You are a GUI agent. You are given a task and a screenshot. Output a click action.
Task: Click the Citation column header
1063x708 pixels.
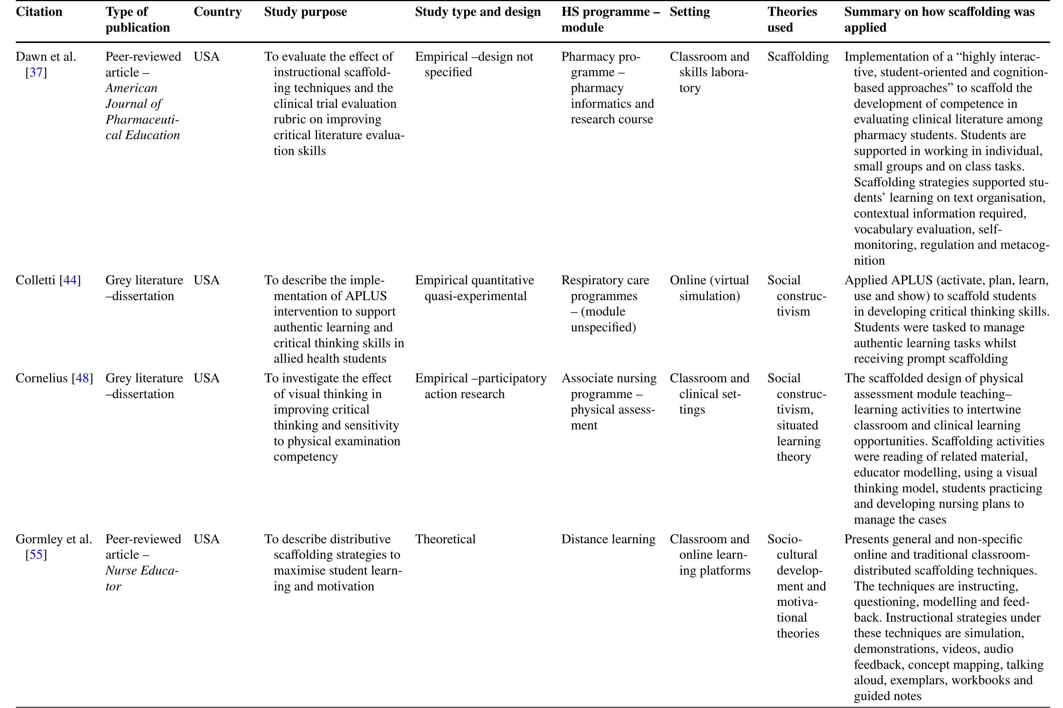pyautogui.click(x=39, y=12)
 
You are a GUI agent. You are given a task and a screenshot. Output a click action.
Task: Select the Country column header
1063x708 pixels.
pyautogui.click(x=217, y=12)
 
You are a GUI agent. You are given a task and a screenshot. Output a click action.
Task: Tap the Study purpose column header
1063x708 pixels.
pyautogui.click(x=306, y=12)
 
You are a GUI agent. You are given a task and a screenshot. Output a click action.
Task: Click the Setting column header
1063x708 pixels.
pyautogui.click(x=690, y=12)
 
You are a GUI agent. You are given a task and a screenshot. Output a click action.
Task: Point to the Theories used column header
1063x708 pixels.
pyautogui.click(x=792, y=20)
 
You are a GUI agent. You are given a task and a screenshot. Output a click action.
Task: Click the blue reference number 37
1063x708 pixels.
pyautogui.click(x=36, y=72)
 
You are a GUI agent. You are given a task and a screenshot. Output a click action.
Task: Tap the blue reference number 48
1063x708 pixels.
pyautogui.click(x=82, y=379)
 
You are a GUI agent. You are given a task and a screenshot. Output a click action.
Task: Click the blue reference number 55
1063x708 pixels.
pyautogui.click(x=36, y=555)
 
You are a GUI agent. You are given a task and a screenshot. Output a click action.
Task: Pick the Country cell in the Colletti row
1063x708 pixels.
pyautogui.click(x=206, y=280)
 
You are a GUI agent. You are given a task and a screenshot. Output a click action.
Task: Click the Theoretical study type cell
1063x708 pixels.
pyautogui.click(x=445, y=539)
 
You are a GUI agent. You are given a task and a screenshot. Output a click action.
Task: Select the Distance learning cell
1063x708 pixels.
pyautogui.click(x=608, y=539)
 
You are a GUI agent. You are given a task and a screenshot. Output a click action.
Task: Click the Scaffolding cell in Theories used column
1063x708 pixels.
pyautogui.click(x=798, y=57)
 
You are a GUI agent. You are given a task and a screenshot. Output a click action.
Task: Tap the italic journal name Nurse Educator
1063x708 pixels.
pyautogui.click(x=142, y=578)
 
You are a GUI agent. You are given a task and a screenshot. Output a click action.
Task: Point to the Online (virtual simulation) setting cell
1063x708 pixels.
pyautogui.click(x=709, y=288)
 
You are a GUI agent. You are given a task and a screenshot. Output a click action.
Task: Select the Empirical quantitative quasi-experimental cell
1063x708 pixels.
pyautogui.click(x=475, y=288)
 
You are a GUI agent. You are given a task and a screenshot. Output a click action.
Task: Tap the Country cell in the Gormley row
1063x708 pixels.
pyautogui.click(x=206, y=539)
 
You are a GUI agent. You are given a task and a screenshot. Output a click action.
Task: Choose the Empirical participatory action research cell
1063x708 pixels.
pyautogui.click(x=480, y=386)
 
